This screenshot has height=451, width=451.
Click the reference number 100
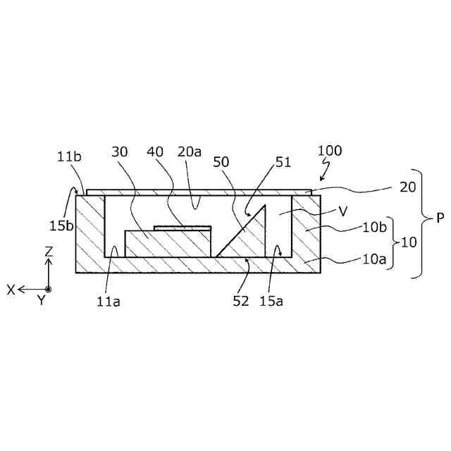click(330, 151)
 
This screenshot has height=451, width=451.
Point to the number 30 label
click(120, 152)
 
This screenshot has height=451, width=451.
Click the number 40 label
click(156, 152)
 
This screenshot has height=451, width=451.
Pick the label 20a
click(190, 152)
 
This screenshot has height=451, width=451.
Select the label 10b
click(373, 228)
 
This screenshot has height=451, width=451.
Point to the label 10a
click(373, 260)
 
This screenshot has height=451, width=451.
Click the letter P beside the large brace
click(440, 218)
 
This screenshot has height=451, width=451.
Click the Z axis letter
click(49, 252)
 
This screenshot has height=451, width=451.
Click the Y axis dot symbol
click(48, 289)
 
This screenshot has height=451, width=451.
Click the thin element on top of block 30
click(183, 228)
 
